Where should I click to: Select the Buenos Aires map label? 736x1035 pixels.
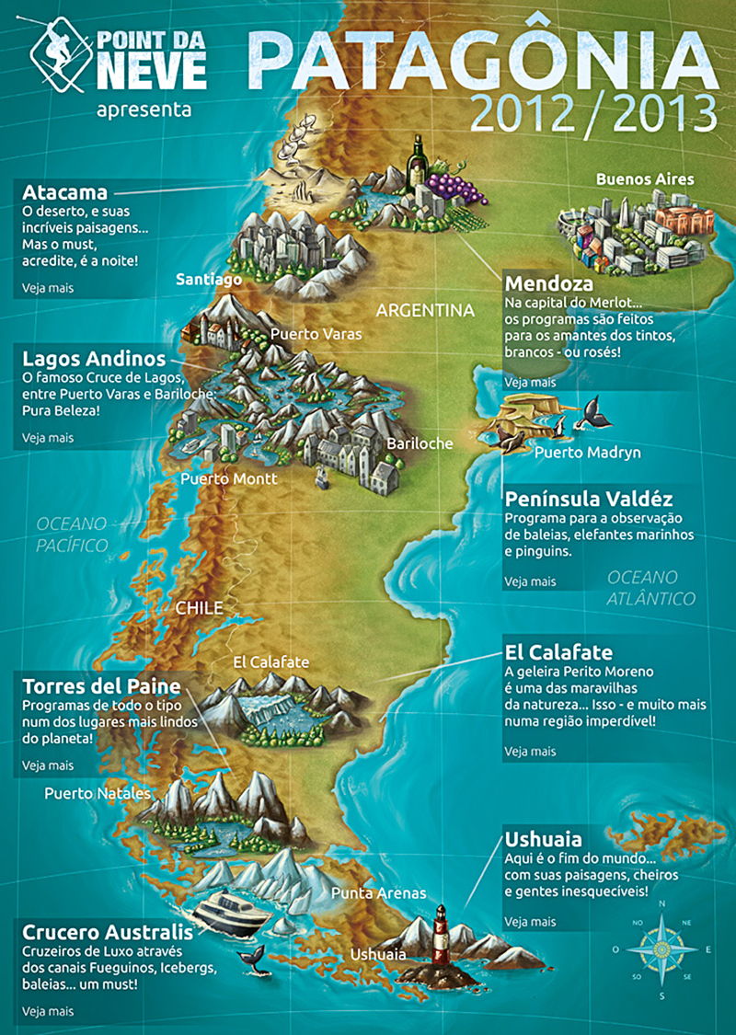pos(645,178)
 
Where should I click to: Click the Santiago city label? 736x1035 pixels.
pos(209,279)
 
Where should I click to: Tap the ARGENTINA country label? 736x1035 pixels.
pos(425,310)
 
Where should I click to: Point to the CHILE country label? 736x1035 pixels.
pos(199,608)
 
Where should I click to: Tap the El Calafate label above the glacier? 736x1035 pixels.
pos(271,661)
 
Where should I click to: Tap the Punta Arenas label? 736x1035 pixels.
pos(366,893)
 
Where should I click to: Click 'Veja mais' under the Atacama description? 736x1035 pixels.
pos(48,288)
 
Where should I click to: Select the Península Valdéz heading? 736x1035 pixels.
pos(588,500)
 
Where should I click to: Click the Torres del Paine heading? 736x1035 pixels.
pos(101,686)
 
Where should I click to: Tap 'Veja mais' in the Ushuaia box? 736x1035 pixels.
pos(530,921)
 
